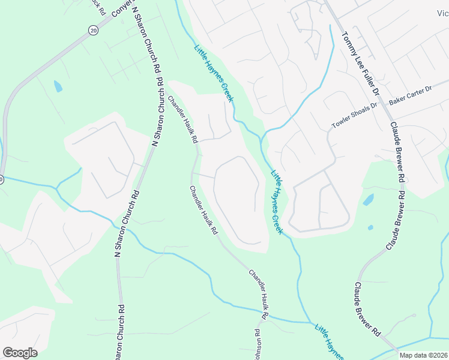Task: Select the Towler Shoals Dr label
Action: click(354, 116)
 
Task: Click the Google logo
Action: click(20, 353)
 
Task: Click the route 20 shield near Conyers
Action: click(92, 31)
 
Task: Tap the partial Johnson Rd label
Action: click(258, 344)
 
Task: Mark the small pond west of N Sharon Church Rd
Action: click(58, 86)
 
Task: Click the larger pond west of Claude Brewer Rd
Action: click(369, 199)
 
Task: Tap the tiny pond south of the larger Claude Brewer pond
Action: click(370, 227)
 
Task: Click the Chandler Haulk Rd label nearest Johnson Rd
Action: click(258, 294)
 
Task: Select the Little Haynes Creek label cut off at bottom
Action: click(329, 341)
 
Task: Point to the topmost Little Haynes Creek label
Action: click(213, 73)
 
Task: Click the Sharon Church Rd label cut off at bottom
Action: click(121, 333)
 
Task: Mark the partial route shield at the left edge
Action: click(1, 179)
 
